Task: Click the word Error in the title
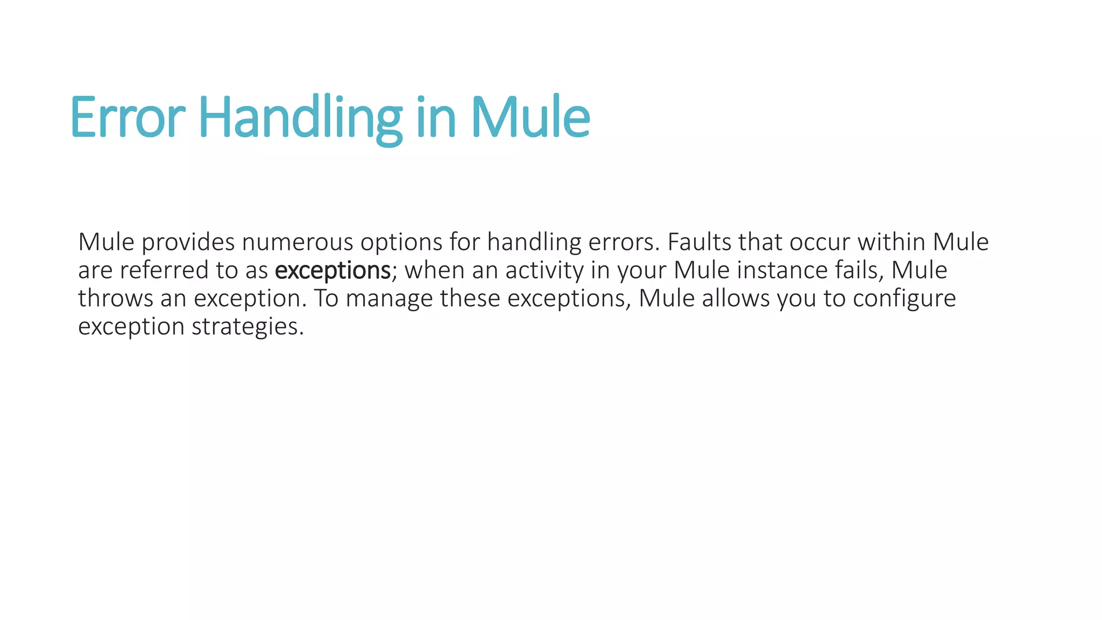pyautogui.click(x=128, y=117)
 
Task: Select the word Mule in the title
pyautogui.click(x=531, y=117)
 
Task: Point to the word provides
pyautogui.click(x=188, y=243)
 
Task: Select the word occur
pyautogui.click(x=820, y=243)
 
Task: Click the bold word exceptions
pyautogui.click(x=333, y=271)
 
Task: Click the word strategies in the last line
pyautogui.click(x=248, y=327)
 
